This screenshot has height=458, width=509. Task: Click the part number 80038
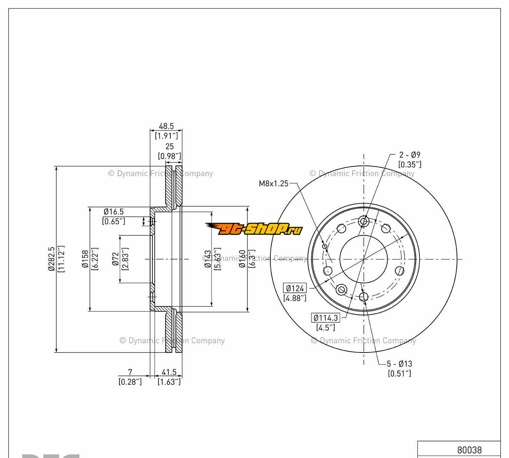coord(469,450)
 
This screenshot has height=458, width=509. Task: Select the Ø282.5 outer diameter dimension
coord(52,259)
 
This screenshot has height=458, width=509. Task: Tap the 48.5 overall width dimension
coord(166,126)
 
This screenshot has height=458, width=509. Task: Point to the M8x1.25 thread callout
coord(274,184)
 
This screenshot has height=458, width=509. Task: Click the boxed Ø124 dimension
coord(295,288)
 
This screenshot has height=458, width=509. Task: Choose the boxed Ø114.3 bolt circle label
coord(326,318)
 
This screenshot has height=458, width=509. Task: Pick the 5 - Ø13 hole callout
coord(399,364)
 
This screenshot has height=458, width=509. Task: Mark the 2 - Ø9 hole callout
coord(410,155)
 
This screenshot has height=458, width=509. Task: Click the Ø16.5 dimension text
coord(114,212)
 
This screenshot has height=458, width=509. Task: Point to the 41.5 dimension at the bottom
coord(169,373)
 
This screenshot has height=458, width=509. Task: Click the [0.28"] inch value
coord(130,382)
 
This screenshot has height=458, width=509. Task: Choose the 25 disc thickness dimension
coord(169,146)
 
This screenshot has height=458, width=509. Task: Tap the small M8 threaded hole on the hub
coord(324,246)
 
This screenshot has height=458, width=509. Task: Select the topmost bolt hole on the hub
coord(364,222)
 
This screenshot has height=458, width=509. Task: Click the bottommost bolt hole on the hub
coord(363,297)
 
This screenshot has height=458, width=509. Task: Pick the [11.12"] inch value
coord(61,259)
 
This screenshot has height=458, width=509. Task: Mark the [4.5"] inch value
coord(326,328)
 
